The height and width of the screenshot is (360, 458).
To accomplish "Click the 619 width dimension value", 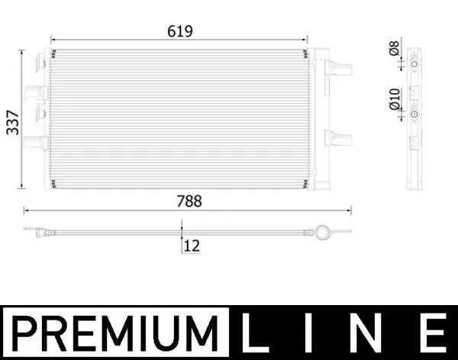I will click(x=180, y=31).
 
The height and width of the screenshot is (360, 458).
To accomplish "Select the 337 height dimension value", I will click(x=13, y=121).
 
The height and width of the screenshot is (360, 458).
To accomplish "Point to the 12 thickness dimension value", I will click(x=192, y=246).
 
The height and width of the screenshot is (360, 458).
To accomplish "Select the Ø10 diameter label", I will click(x=394, y=98).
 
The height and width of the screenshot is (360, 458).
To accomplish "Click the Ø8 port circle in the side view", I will click(x=414, y=66).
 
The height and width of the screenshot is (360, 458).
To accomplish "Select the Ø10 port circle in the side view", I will click(x=414, y=114).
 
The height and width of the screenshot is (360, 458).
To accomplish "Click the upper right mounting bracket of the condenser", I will click(x=337, y=68).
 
